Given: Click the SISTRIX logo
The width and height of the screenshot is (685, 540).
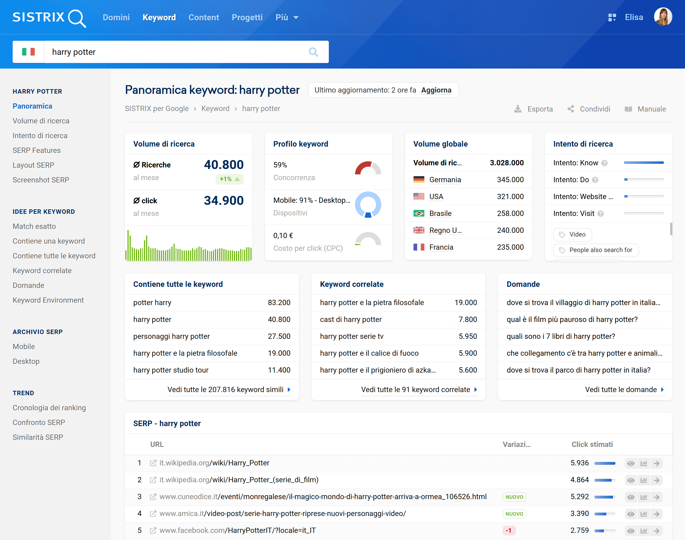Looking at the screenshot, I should [49, 17].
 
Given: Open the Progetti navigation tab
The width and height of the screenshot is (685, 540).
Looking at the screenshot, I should [247, 17].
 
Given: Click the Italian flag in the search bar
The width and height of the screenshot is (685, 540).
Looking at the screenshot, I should [28, 52].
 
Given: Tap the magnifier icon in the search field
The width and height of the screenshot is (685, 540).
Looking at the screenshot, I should [313, 52].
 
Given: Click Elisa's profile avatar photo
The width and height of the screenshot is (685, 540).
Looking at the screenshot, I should [663, 17].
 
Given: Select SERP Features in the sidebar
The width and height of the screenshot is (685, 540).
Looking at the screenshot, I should [37, 151].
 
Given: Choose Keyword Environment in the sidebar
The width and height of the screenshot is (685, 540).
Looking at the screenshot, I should [48, 300].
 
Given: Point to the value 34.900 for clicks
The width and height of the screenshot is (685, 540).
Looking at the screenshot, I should [223, 200].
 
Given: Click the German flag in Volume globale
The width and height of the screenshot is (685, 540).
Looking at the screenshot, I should [419, 180].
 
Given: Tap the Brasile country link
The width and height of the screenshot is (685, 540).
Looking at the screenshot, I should [440, 213].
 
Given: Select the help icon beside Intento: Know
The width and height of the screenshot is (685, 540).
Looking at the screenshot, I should [604, 163].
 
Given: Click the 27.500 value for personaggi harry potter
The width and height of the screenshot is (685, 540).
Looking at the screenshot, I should [279, 336].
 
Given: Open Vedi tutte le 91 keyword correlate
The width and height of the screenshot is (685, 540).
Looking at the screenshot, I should [415, 389].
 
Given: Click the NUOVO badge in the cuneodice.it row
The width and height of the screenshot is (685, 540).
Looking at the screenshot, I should [514, 497].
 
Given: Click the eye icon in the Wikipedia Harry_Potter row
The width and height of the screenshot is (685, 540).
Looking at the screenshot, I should [631, 464].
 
